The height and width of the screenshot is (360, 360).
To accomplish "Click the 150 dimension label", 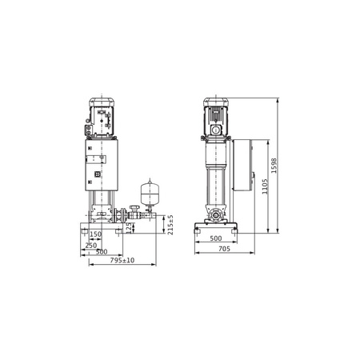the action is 95,234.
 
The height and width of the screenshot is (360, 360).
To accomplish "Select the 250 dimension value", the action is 91,246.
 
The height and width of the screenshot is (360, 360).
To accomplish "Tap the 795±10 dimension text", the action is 122,260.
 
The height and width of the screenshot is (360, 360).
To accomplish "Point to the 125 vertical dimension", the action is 129,229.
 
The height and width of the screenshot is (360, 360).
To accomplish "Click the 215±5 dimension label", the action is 170,225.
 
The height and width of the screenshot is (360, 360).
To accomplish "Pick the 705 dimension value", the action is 224,249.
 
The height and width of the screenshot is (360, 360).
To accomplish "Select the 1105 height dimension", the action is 265,186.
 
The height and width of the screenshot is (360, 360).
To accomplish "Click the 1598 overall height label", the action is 274,166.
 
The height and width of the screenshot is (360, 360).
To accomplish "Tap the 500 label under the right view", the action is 216,238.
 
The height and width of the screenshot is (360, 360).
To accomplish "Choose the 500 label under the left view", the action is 102,252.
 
